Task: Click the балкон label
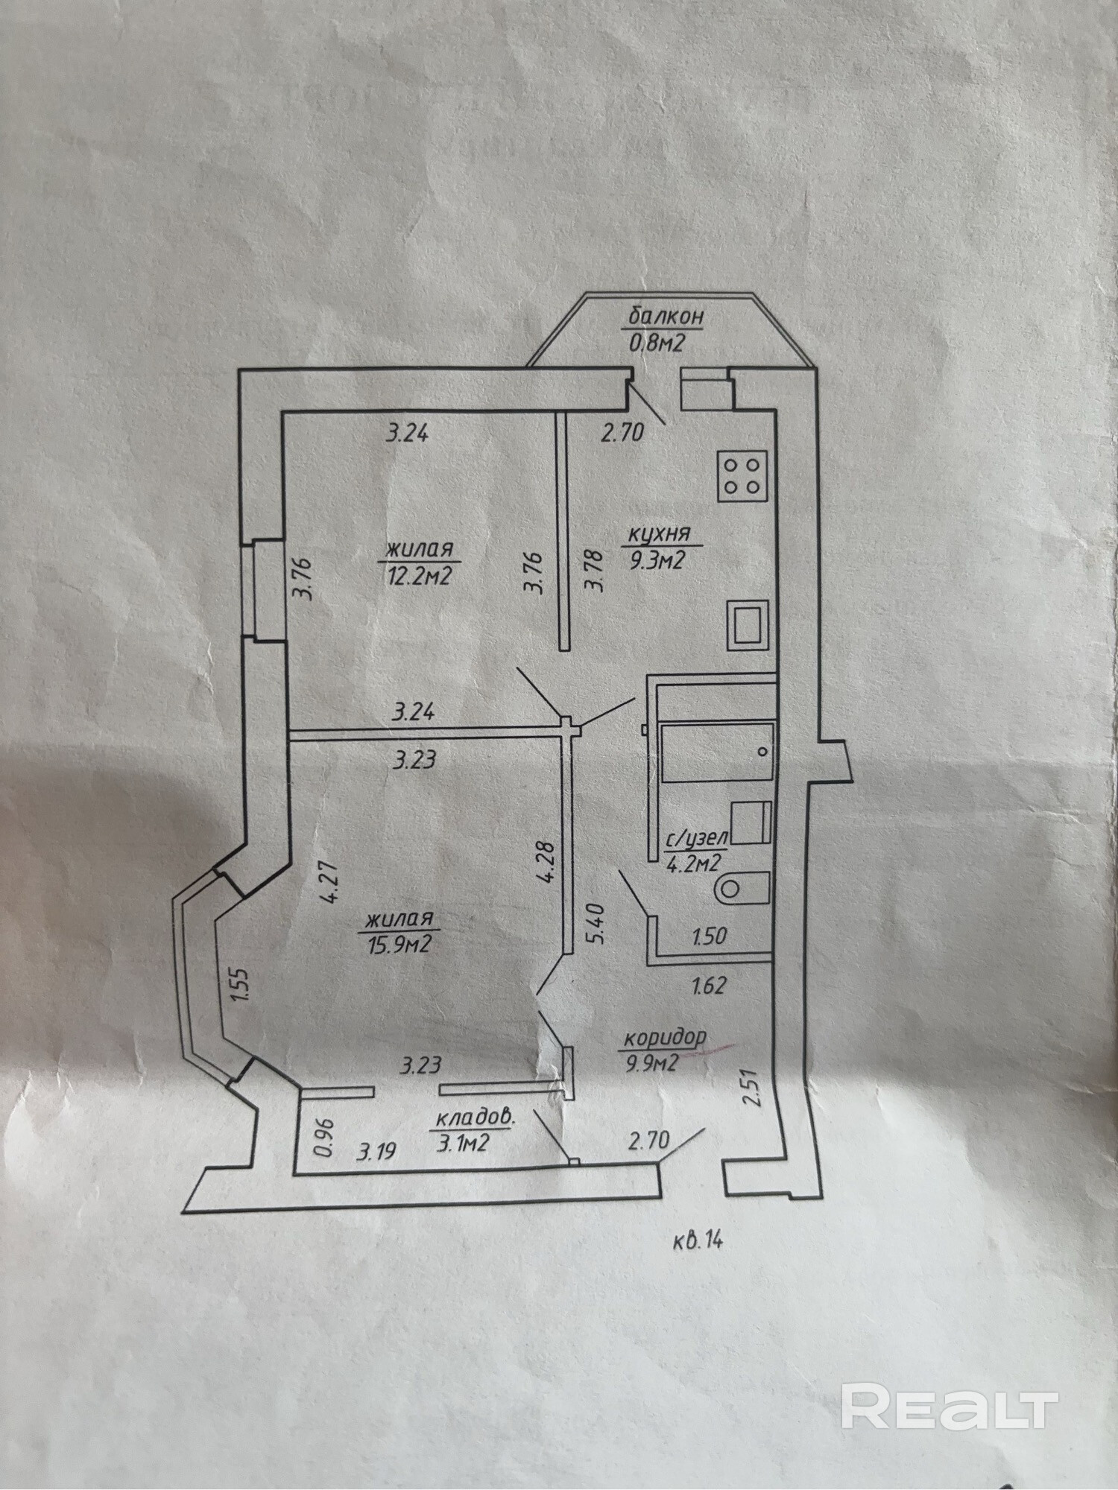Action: pyautogui.click(x=666, y=317)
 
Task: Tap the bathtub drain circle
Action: pyautogui.click(x=762, y=752)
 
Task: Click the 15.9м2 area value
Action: pyautogui.click(x=400, y=945)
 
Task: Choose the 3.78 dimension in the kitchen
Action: pyautogui.click(x=594, y=570)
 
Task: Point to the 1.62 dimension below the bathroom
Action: pyautogui.click(x=708, y=986)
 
